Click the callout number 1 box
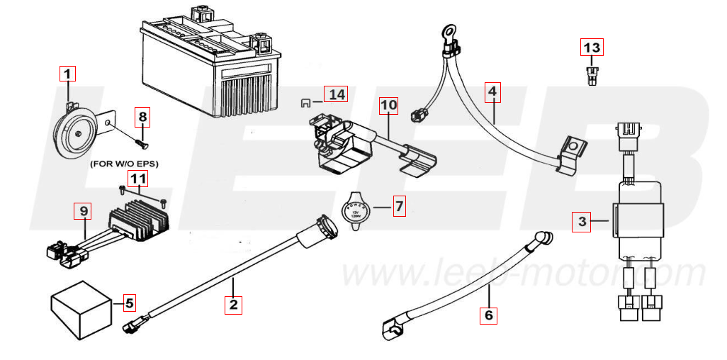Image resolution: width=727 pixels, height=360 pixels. [67, 73]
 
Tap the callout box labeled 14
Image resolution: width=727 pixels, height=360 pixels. [337, 94]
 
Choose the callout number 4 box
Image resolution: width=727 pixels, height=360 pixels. [492, 91]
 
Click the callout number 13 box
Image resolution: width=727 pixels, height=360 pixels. [592, 47]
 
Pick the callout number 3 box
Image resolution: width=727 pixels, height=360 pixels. [582, 222]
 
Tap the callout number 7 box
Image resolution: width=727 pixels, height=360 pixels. [399, 207]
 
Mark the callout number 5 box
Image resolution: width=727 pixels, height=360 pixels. [128, 303]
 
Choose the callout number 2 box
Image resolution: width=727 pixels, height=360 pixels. [232, 305]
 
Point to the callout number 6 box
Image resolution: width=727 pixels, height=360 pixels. [488, 315]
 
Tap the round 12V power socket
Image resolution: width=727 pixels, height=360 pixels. [356, 210]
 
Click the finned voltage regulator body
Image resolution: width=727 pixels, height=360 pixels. [140, 215]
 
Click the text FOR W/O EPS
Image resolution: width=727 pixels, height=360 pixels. [124, 164]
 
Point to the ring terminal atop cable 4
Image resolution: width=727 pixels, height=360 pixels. [447, 32]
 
